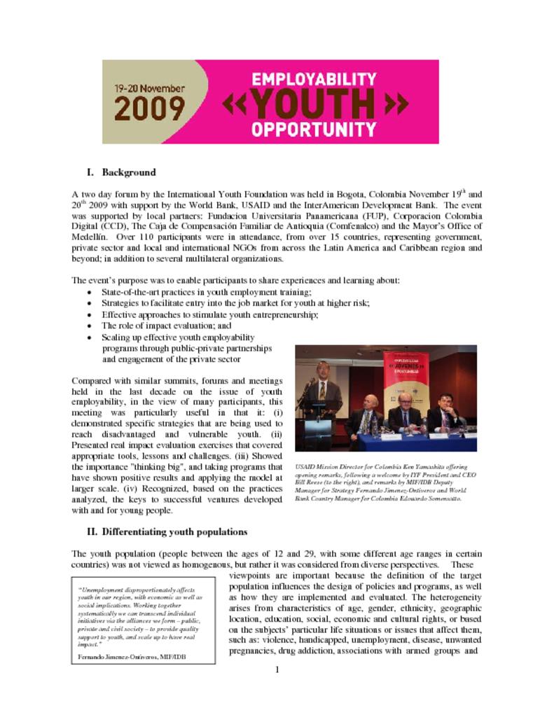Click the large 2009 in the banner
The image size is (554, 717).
(149, 109)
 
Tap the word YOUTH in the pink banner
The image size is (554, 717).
(314, 104)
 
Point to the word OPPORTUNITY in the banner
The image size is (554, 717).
(314, 130)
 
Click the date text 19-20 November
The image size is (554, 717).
(149, 89)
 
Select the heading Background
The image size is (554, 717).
(129, 172)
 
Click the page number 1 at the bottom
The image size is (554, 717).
(277, 670)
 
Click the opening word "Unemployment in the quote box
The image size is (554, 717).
(104, 590)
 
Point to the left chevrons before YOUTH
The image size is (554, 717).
(235, 105)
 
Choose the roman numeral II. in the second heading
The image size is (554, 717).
(92, 531)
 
